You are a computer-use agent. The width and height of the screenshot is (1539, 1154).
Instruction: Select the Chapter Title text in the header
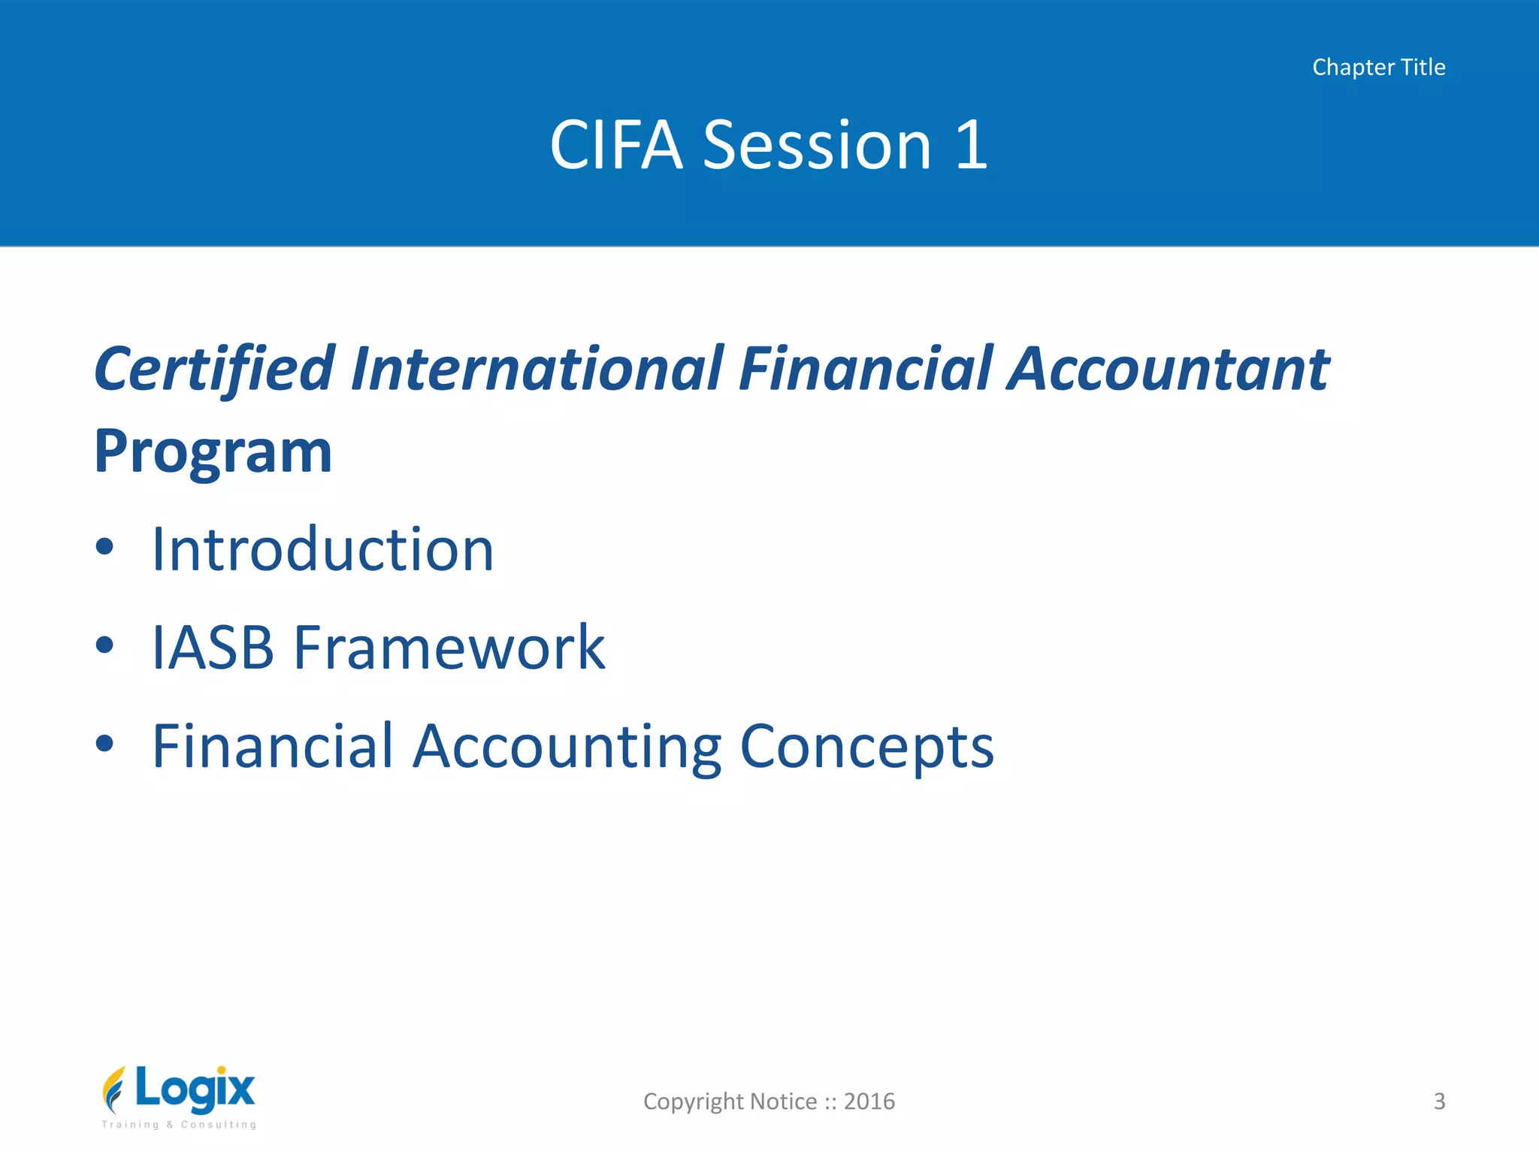(1378, 68)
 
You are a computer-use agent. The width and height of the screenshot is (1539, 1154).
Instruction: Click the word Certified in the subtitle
(214, 370)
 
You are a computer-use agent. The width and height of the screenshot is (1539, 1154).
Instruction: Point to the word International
(538, 370)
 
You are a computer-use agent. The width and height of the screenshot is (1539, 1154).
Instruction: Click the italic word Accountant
(1169, 370)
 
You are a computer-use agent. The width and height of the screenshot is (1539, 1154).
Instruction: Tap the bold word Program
(213, 452)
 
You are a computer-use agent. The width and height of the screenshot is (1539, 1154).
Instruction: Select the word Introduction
(323, 550)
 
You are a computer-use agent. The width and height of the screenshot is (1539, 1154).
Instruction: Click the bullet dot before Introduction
(105, 547)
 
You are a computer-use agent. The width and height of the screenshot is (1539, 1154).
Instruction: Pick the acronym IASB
(213, 648)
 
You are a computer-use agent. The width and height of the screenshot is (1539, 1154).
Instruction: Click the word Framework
(449, 648)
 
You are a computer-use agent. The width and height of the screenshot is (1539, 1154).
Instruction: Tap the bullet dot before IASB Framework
(105, 645)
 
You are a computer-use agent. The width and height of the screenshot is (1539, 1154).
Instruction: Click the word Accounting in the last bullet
(567, 747)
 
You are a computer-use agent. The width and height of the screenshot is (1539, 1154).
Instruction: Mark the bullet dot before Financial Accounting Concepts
(105, 743)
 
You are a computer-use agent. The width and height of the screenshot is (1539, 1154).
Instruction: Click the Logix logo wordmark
(195, 1089)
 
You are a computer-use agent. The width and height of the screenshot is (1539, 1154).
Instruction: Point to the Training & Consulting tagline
(180, 1125)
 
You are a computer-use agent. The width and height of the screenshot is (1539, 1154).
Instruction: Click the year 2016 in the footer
(869, 1101)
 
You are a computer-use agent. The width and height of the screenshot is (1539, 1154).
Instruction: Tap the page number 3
(1439, 1101)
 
